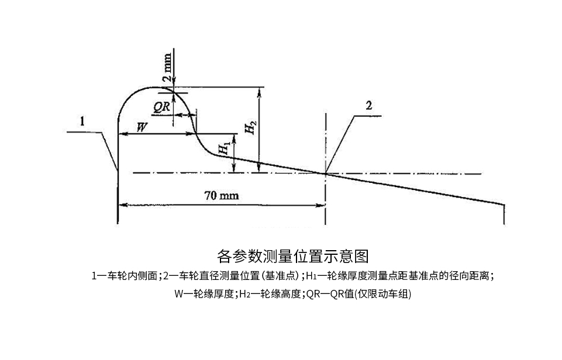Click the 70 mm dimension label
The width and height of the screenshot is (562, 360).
222,196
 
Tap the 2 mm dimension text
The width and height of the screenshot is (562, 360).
167,68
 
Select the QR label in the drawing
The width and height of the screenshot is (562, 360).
161,107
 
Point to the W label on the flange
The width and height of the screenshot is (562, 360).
142,127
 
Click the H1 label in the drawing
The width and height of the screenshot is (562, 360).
225,148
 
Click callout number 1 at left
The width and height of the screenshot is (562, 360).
82,121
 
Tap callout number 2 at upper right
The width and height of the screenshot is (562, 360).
369,105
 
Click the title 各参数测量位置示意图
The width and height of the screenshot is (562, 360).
293,256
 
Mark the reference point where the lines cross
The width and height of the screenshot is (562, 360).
325,174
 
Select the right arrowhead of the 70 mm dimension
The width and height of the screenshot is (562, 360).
320,205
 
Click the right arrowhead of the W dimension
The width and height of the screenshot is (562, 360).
191,134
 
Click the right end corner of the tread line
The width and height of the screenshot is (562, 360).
504,205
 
